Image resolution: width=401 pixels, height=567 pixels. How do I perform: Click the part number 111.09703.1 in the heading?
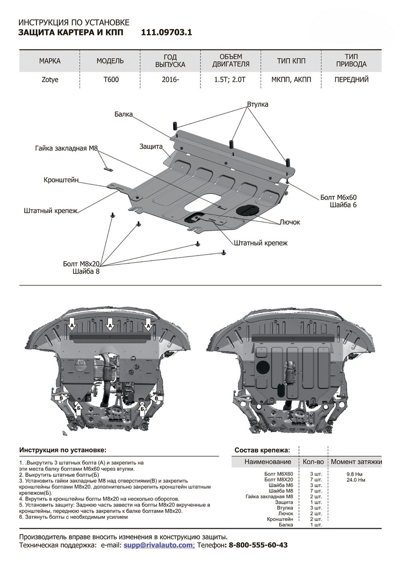click(x=166, y=33)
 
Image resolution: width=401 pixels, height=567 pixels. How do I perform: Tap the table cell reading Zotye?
click(x=50, y=79)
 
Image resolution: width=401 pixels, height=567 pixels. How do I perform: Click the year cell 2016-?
click(x=170, y=79)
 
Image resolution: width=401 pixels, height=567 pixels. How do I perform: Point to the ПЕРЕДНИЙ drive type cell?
click(x=351, y=79)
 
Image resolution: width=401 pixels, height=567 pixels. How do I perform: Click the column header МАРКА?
click(x=50, y=61)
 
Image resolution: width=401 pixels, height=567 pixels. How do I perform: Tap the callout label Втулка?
click(x=257, y=104)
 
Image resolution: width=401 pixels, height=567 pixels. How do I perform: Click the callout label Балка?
click(x=123, y=114)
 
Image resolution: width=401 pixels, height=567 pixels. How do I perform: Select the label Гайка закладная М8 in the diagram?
click(x=66, y=148)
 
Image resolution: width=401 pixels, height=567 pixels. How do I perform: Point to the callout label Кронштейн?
click(x=61, y=180)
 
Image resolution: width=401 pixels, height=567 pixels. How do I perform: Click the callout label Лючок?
click(x=290, y=221)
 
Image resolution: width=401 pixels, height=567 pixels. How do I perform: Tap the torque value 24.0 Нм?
click(x=356, y=480)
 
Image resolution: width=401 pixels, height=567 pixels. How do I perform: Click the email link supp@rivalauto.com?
click(x=158, y=545)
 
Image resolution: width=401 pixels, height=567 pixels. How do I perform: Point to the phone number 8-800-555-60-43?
click(x=258, y=545)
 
